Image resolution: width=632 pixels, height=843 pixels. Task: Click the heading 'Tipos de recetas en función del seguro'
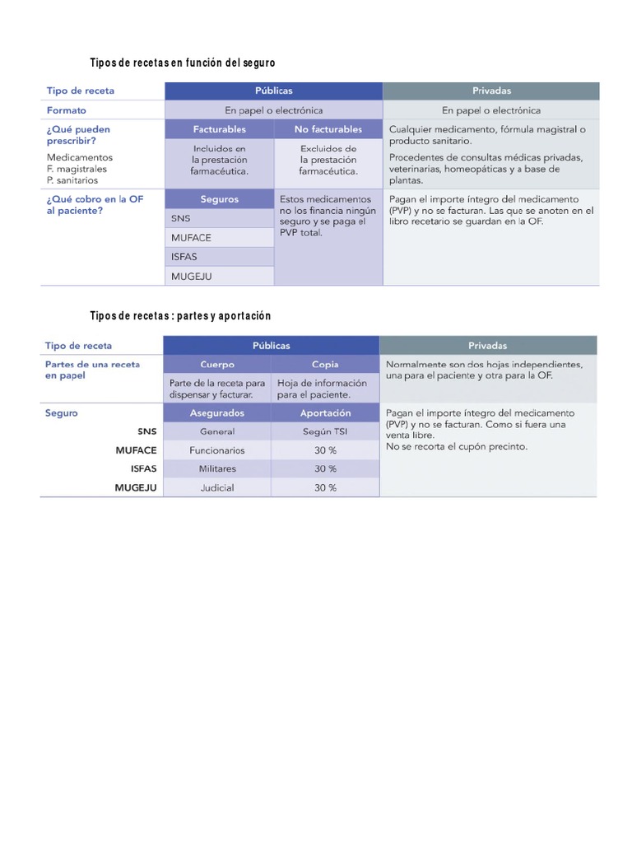(x=182, y=63)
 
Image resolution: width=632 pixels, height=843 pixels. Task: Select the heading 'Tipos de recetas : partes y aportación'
(x=180, y=316)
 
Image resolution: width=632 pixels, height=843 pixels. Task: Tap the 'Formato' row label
(x=67, y=110)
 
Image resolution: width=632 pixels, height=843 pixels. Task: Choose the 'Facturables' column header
(x=219, y=129)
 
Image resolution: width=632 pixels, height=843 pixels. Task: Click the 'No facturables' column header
(x=328, y=129)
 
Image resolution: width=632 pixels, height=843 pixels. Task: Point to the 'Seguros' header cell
(x=219, y=199)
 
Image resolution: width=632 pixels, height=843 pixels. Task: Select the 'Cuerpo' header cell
(x=217, y=364)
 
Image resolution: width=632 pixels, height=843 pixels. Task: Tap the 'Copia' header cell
(x=325, y=364)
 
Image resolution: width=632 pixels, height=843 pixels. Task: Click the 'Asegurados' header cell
(x=217, y=413)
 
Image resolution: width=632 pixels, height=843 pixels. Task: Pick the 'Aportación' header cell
(x=325, y=413)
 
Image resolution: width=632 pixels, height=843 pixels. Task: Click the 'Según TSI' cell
(x=325, y=431)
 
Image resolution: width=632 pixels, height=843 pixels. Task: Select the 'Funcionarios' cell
(x=217, y=450)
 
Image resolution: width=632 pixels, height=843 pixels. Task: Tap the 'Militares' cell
(x=217, y=468)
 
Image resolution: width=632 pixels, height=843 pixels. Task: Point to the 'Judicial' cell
(x=217, y=487)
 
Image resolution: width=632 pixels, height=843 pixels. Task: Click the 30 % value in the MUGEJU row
(x=325, y=487)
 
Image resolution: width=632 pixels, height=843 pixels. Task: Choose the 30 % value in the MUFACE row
(x=325, y=450)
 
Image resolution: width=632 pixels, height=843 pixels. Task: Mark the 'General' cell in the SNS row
(x=217, y=431)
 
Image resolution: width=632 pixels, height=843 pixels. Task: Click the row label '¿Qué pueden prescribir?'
(x=79, y=135)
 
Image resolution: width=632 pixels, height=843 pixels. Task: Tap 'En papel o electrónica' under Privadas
(x=491, y=110)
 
